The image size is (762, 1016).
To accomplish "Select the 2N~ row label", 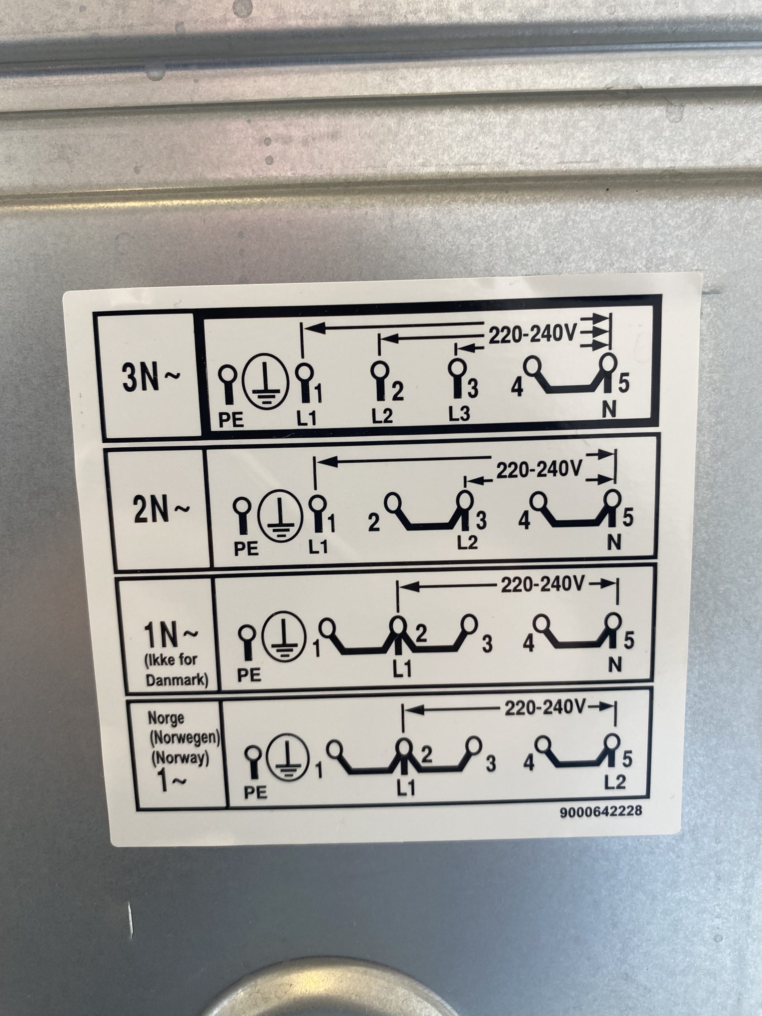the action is pyautogui.click(x=161, y=511).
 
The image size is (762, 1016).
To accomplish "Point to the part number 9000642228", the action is pyautogui.click(x=600, y=824).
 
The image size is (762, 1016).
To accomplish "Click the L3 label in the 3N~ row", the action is pyautogui.click(x=459, y=414).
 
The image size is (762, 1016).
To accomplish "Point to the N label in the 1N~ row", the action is pyautogui.click(x=614, y=665).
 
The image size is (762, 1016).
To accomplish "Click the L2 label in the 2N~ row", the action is pyautogui.click(x=467, y=543).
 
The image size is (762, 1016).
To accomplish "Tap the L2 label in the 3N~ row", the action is pyautogui.click(x=382, y=416).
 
